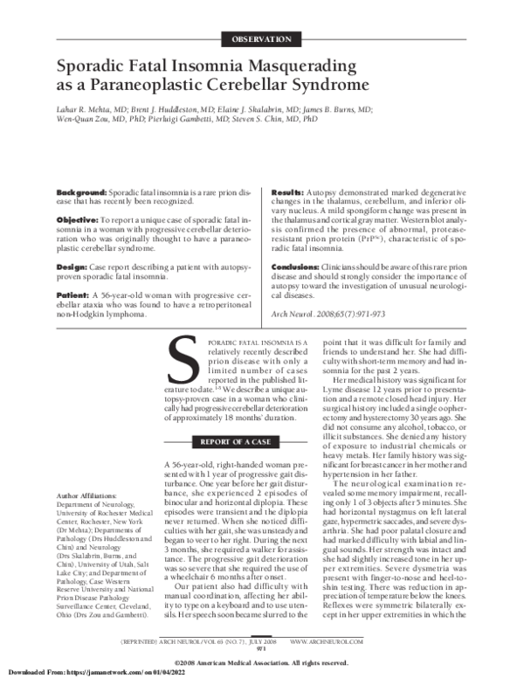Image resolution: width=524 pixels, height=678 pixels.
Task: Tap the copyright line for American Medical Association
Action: tap(261, 661)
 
